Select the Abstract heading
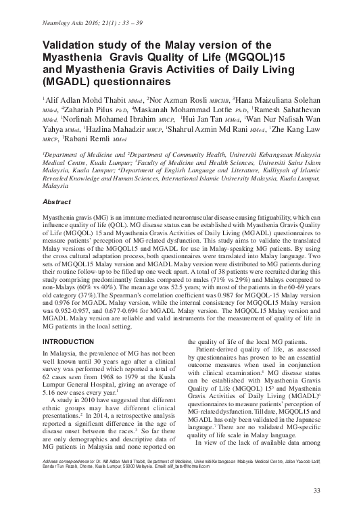tap(57, 202)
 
